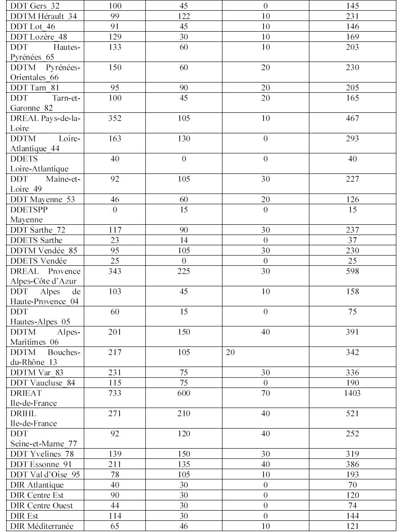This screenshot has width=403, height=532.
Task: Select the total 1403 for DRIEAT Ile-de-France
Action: pos(352,393)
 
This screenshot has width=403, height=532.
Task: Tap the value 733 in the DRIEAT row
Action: pos(115,393)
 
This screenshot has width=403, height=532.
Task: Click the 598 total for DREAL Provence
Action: pos(352,271)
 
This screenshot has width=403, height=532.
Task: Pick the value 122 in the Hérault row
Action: pos(184,16)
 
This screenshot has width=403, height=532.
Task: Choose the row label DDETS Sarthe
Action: pos(36,241)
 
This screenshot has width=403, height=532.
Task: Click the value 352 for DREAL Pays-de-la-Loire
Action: pos(115,118)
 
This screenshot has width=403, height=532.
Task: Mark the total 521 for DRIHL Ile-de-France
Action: pos(352,414)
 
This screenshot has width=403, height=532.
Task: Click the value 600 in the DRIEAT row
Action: pos(184,393)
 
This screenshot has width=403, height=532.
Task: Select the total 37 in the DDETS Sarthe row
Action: pos(352,241)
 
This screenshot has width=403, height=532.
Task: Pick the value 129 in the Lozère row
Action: pos(115,37)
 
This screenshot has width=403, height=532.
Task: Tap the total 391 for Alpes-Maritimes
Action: pos(352,332)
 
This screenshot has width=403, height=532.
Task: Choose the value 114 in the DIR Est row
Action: pos(115,516)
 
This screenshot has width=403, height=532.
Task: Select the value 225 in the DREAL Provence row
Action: pos(184,271)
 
